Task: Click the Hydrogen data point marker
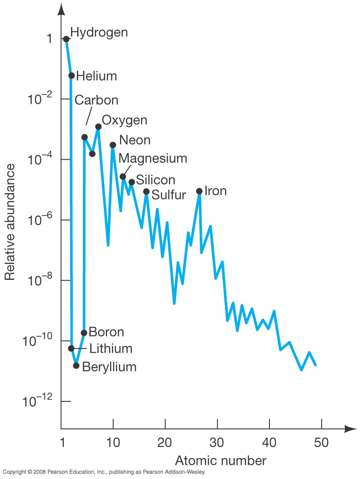pyautogui.click(x=66, y=39)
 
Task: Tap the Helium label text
pyautogui.click(x=96, y=76)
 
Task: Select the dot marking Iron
pyautogui.click(x=199, y=191)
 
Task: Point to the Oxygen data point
pyautogui.click(x=99, y=127)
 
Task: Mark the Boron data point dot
pyautogui.click(x=84, y=333)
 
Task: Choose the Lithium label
pyautogui.click(x=111, y=349)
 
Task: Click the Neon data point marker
pyautogui.click(x=113, y=145)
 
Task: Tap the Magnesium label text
pyautogui.click(x=153, y=158)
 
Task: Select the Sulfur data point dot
pyautogui.click(x=146, y=192)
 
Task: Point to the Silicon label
pyautogui.click(x=155, y=180)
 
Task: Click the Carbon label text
pyautogui.click(x=96, y=100)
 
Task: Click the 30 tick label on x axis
pyautogui.click(x=217, y=443)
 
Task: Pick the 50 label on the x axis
pyautogui.click(x=321, y=443)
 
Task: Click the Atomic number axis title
pyautogui.click(x=221, y=460)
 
